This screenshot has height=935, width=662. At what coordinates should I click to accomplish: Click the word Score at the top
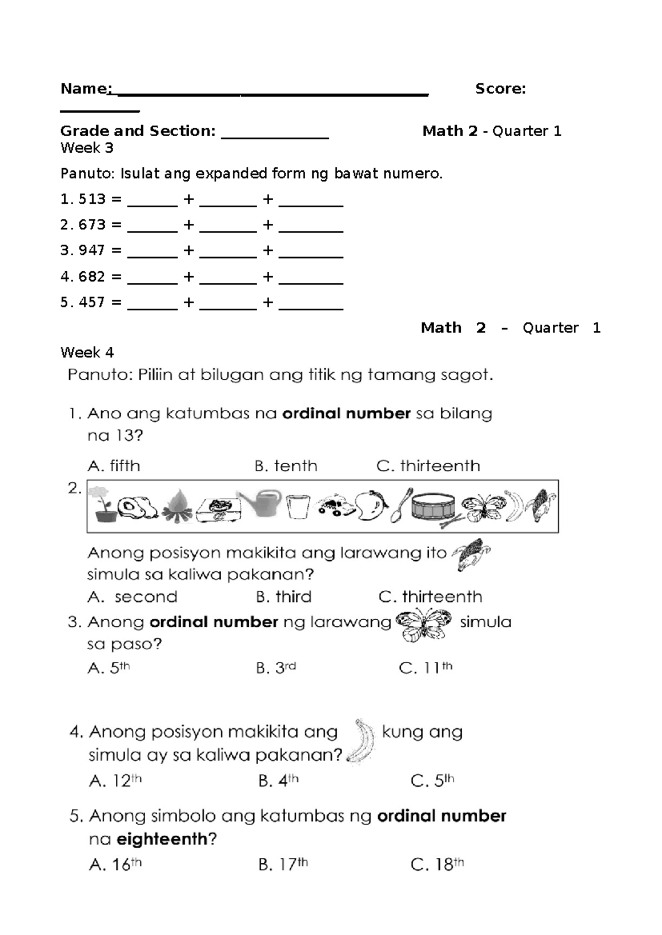pos(500,89)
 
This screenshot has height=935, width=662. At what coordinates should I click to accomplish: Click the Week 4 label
pos(87,352)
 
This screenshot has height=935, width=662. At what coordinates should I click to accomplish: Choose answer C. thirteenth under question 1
pos(428,466)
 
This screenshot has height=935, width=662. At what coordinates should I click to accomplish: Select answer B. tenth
pos(286,466)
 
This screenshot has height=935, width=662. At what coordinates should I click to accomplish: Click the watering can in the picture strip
pos(259,504)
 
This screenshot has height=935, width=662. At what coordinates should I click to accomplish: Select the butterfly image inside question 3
pos(423,625)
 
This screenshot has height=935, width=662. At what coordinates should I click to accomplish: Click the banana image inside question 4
pos(361,742)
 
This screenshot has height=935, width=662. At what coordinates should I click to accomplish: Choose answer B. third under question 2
pos(284,597)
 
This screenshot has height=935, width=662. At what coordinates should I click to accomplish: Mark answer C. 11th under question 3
pos(425,668)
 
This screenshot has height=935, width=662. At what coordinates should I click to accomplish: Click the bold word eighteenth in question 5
pos(162,840)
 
